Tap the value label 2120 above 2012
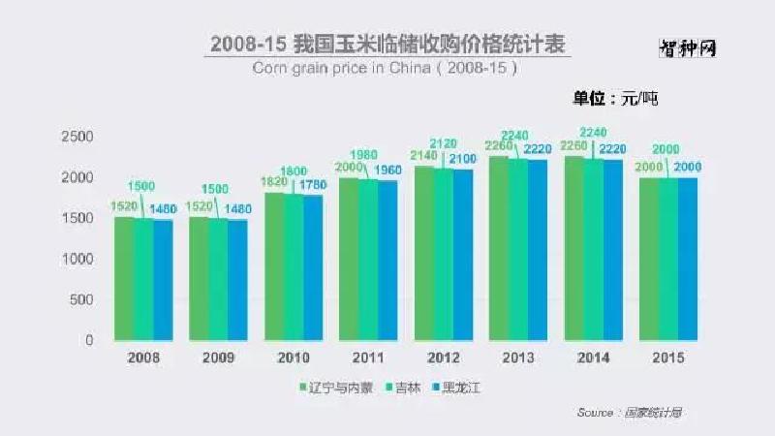[446, 143]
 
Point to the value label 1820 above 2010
[274, 181]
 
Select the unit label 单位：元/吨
[615, 98]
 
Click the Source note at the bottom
[629, 413]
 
